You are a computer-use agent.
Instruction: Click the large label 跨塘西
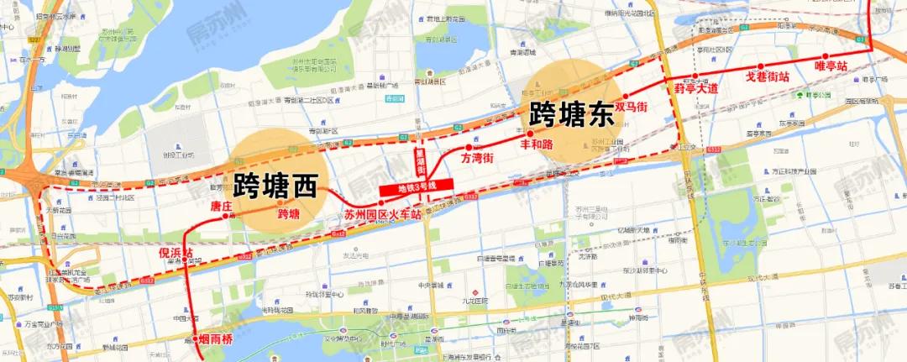click(275, 185)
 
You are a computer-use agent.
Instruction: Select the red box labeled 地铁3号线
click(417, 186)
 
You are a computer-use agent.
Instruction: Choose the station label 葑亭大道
click(696, 88)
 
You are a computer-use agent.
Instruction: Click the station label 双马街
click(631, 108)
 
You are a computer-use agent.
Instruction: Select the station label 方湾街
click(476, 158)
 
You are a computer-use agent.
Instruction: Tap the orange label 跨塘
click(289, 213)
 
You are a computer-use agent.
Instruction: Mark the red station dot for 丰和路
click(530, 133)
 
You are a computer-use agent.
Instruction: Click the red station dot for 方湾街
click(469, 147)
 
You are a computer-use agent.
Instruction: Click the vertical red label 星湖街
click(421, 159)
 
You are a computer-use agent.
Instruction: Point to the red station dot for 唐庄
click(225, 216)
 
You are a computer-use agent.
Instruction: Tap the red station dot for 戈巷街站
click(760, 66)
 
